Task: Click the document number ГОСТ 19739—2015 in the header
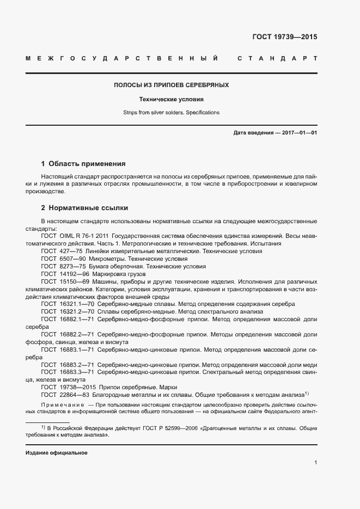[x=284, y=38]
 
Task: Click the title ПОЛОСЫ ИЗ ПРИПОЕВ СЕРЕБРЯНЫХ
[x=171, y=85]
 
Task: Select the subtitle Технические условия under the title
[x=171, y=100]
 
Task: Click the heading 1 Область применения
[x=83, y=163]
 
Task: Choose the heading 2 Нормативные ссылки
[x=84, y=208]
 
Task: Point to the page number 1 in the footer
[x=315, y=463]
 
